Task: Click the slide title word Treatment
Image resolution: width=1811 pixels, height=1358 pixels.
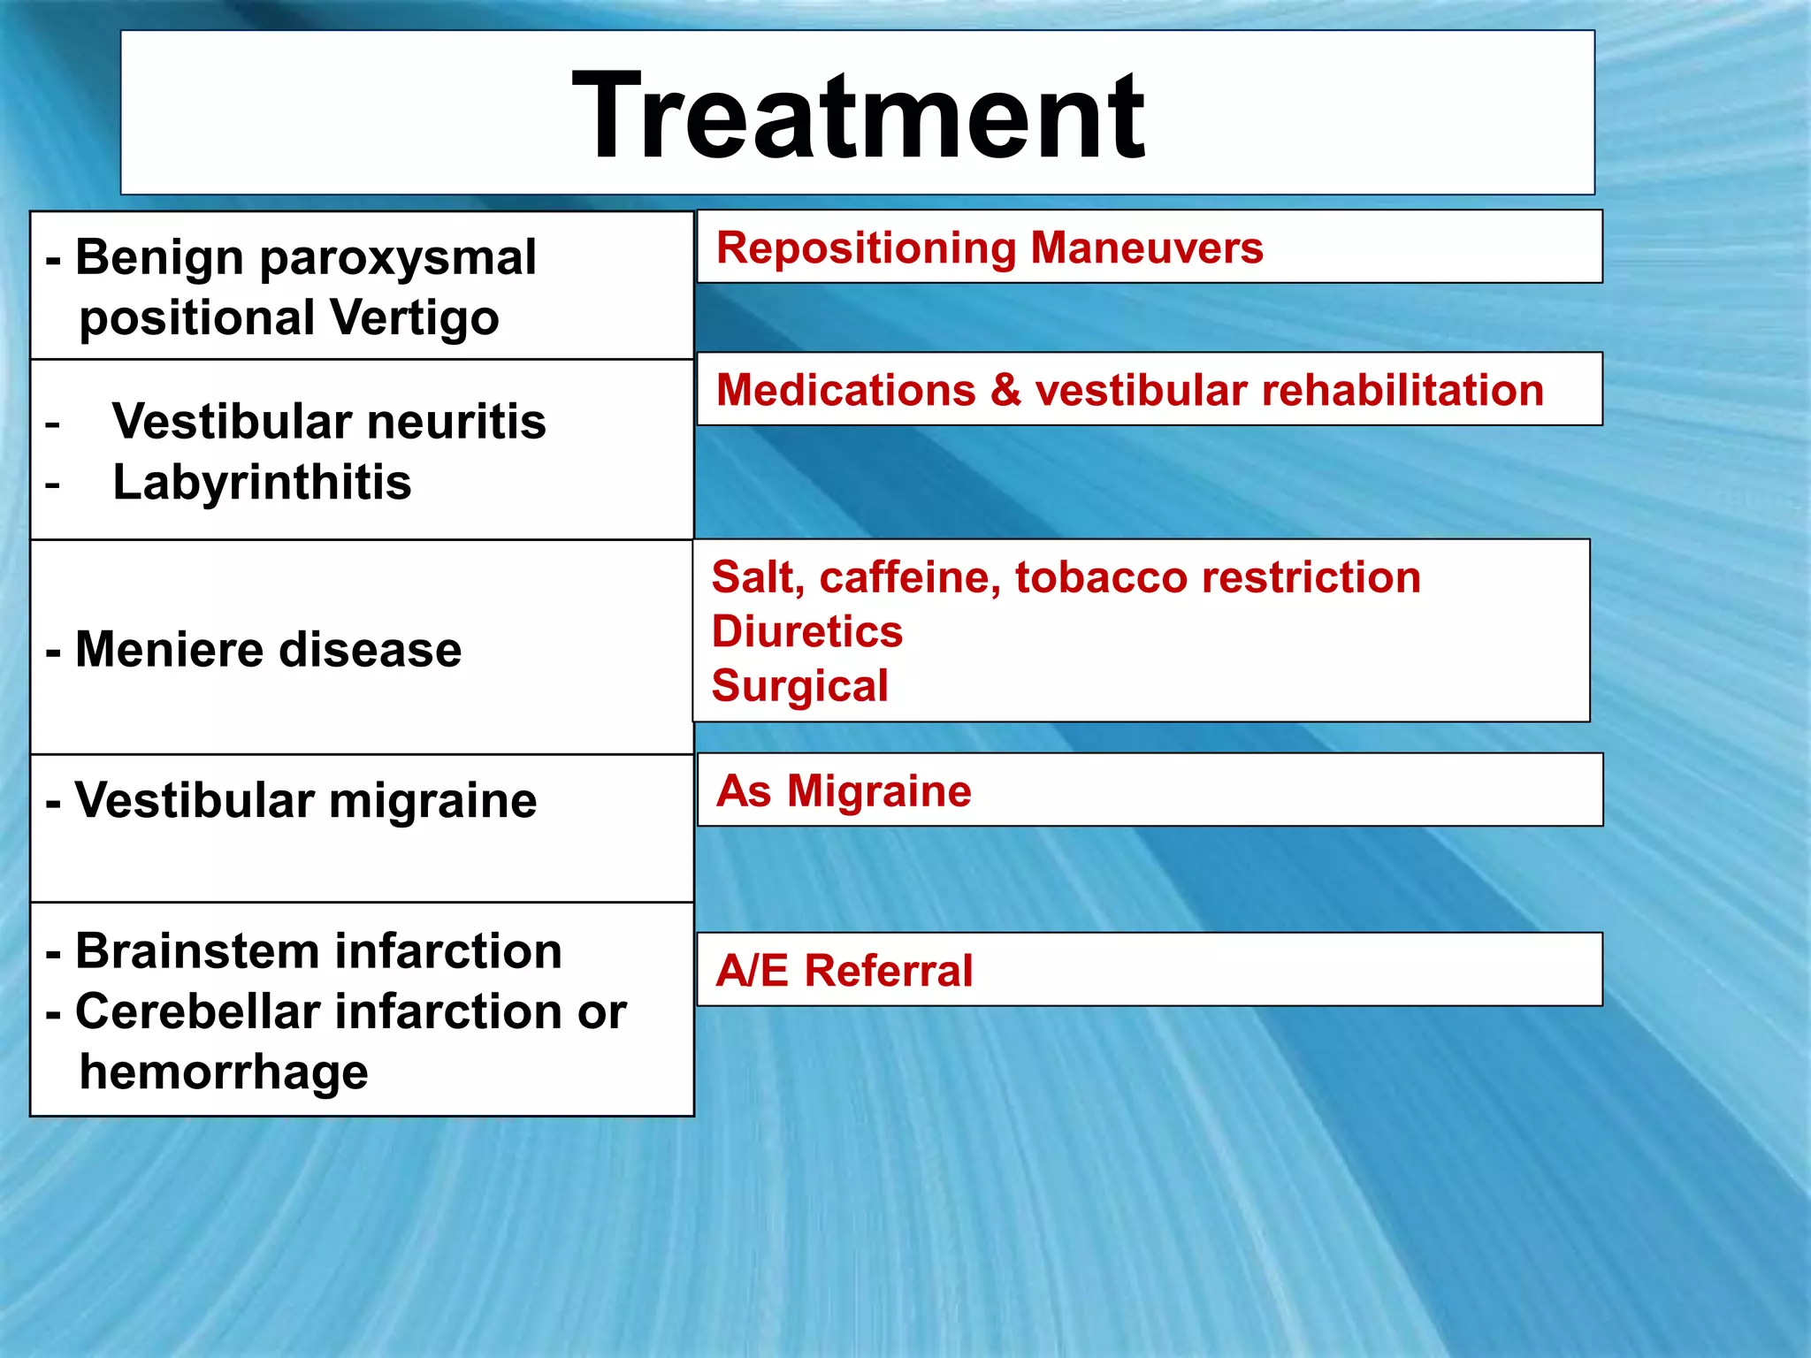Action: click(858, 116)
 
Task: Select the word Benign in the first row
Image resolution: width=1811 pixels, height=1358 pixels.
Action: click(159, 257)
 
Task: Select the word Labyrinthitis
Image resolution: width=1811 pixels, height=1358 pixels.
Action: click(262, 483)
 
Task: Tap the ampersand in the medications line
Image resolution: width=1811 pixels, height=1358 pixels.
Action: click(1005, 390)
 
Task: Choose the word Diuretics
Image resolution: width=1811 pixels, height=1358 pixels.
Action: click(807, 632)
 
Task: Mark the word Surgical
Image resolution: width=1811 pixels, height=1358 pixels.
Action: click(799, 686)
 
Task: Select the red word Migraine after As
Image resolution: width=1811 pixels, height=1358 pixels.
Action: click(879, 790)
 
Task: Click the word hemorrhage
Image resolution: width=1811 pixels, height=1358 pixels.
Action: click(224, 1072)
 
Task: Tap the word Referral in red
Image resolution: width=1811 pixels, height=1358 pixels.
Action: click(889, 970)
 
